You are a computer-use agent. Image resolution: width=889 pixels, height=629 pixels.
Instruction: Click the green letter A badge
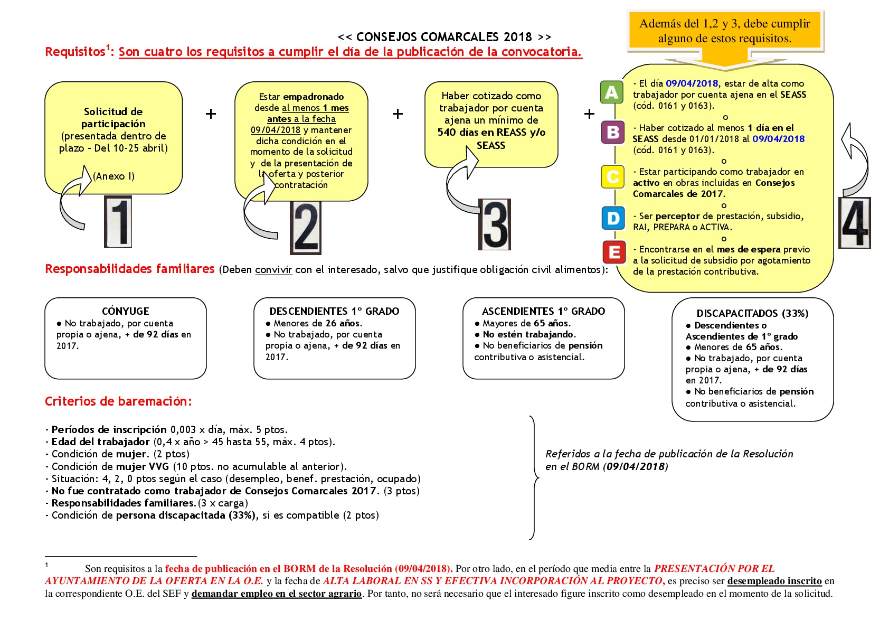pyautogui.click(x=612, y=92)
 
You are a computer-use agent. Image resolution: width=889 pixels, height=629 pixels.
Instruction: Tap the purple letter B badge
pyautogui.click(x=613, y=132)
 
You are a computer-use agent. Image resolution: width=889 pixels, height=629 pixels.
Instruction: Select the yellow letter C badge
pyautogui.click(x=613, y=177)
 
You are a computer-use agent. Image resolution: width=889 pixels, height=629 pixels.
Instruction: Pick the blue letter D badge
pyautogui.click(x=613, y=218)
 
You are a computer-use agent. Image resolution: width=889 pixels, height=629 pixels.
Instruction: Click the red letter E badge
pyautogui.click(x=614, y=252)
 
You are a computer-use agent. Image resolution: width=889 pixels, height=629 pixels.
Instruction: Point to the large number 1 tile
pyautogui.click(x=118, y=222)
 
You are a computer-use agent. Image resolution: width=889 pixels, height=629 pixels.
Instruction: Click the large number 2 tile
pyautogui.click(x=306, y=228)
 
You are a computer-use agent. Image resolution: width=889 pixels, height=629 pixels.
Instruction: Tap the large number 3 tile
pyautogui.click(x=495, y=225)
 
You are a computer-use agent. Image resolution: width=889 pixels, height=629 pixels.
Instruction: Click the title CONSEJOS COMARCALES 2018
pyautogui.click(x=444, y=37)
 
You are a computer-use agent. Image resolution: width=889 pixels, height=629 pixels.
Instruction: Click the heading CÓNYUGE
pyautogui.click(x=126, y=311)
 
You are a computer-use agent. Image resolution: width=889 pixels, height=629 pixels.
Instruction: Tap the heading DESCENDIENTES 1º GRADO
pyautogui.click(x=334, y=311)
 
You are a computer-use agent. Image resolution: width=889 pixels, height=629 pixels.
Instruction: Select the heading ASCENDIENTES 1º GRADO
pyautogui.click(x=543, y=311)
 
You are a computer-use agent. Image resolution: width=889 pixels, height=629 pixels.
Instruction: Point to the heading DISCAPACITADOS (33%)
pyautogui.click(x=752, y=314)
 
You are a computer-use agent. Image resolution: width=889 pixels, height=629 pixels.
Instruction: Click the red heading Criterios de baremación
pyautogui.click(x=118, y=401)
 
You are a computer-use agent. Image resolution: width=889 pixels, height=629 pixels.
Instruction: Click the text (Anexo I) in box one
pyautogui.click(x=114, y=176)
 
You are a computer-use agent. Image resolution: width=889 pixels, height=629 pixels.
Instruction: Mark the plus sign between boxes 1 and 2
pyautogui.click(x=211, y=114)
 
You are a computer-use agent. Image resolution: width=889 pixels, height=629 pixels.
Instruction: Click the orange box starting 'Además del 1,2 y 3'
pyautogui.click(x=725, y=31)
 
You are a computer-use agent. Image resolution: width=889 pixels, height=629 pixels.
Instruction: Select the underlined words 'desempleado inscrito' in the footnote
pyautogui.click(x=774, y=581)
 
